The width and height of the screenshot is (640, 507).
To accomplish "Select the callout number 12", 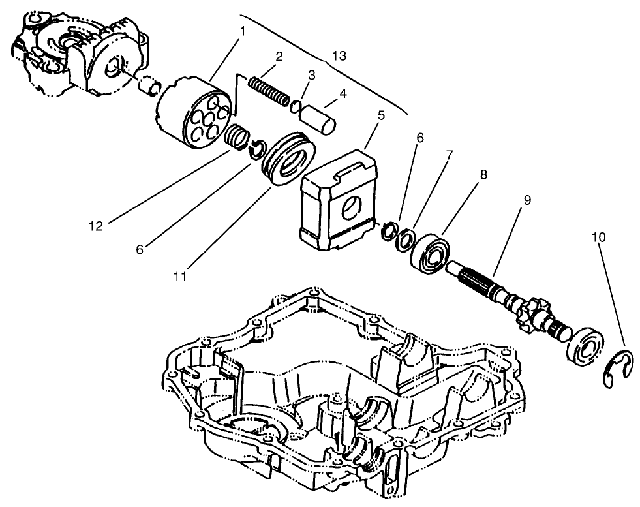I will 97,226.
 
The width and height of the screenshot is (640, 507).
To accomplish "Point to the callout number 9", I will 526,200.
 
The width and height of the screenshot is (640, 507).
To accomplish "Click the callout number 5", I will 381,115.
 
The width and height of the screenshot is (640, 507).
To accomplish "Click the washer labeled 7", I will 406,238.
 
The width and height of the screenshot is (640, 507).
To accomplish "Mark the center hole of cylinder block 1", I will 206,117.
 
